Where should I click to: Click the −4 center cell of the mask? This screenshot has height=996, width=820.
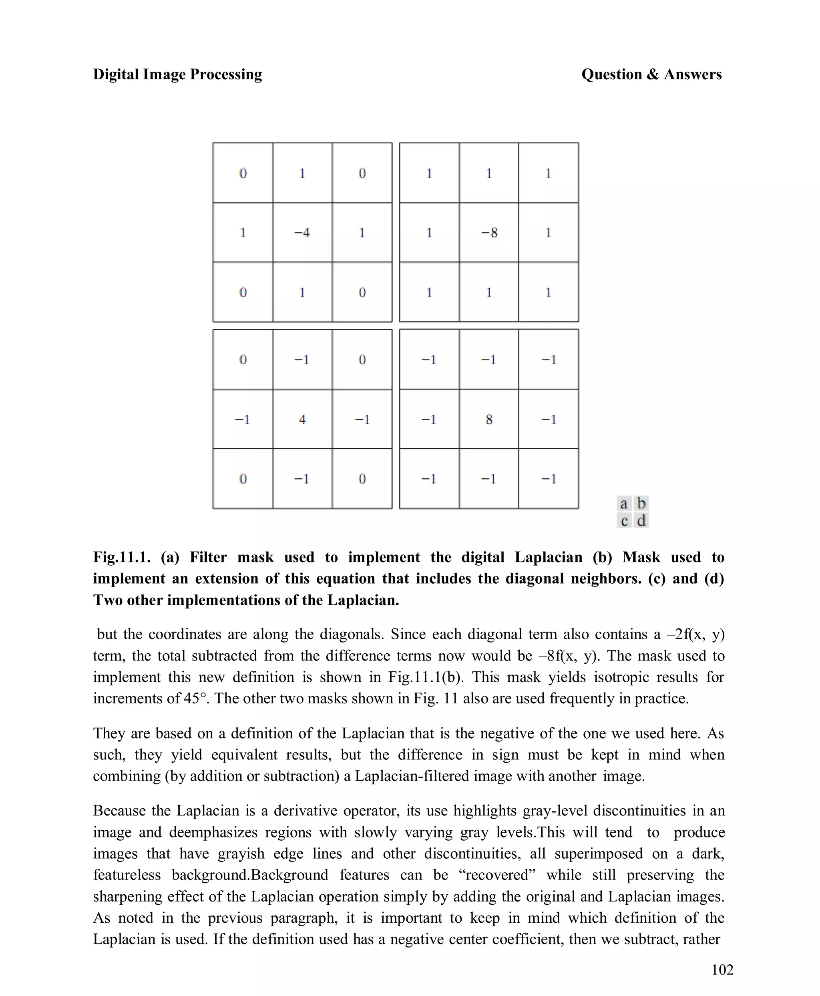tap(302, 232)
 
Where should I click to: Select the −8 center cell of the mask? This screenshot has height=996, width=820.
tap(489, 232)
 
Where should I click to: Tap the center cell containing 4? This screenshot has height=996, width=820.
tap(302, 419)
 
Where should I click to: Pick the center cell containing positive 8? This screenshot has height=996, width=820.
tap(489, 419)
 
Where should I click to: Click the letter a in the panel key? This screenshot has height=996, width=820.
tap(623, 504)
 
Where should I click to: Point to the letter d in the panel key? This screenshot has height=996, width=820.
tap(641, 520)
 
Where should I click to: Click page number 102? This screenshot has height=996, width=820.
tap(722, 970)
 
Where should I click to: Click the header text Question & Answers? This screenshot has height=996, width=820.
tap(651, 74)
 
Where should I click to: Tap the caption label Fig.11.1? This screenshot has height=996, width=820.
tap(121, 557)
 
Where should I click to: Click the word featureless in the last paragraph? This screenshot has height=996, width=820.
tap(127, 875)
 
